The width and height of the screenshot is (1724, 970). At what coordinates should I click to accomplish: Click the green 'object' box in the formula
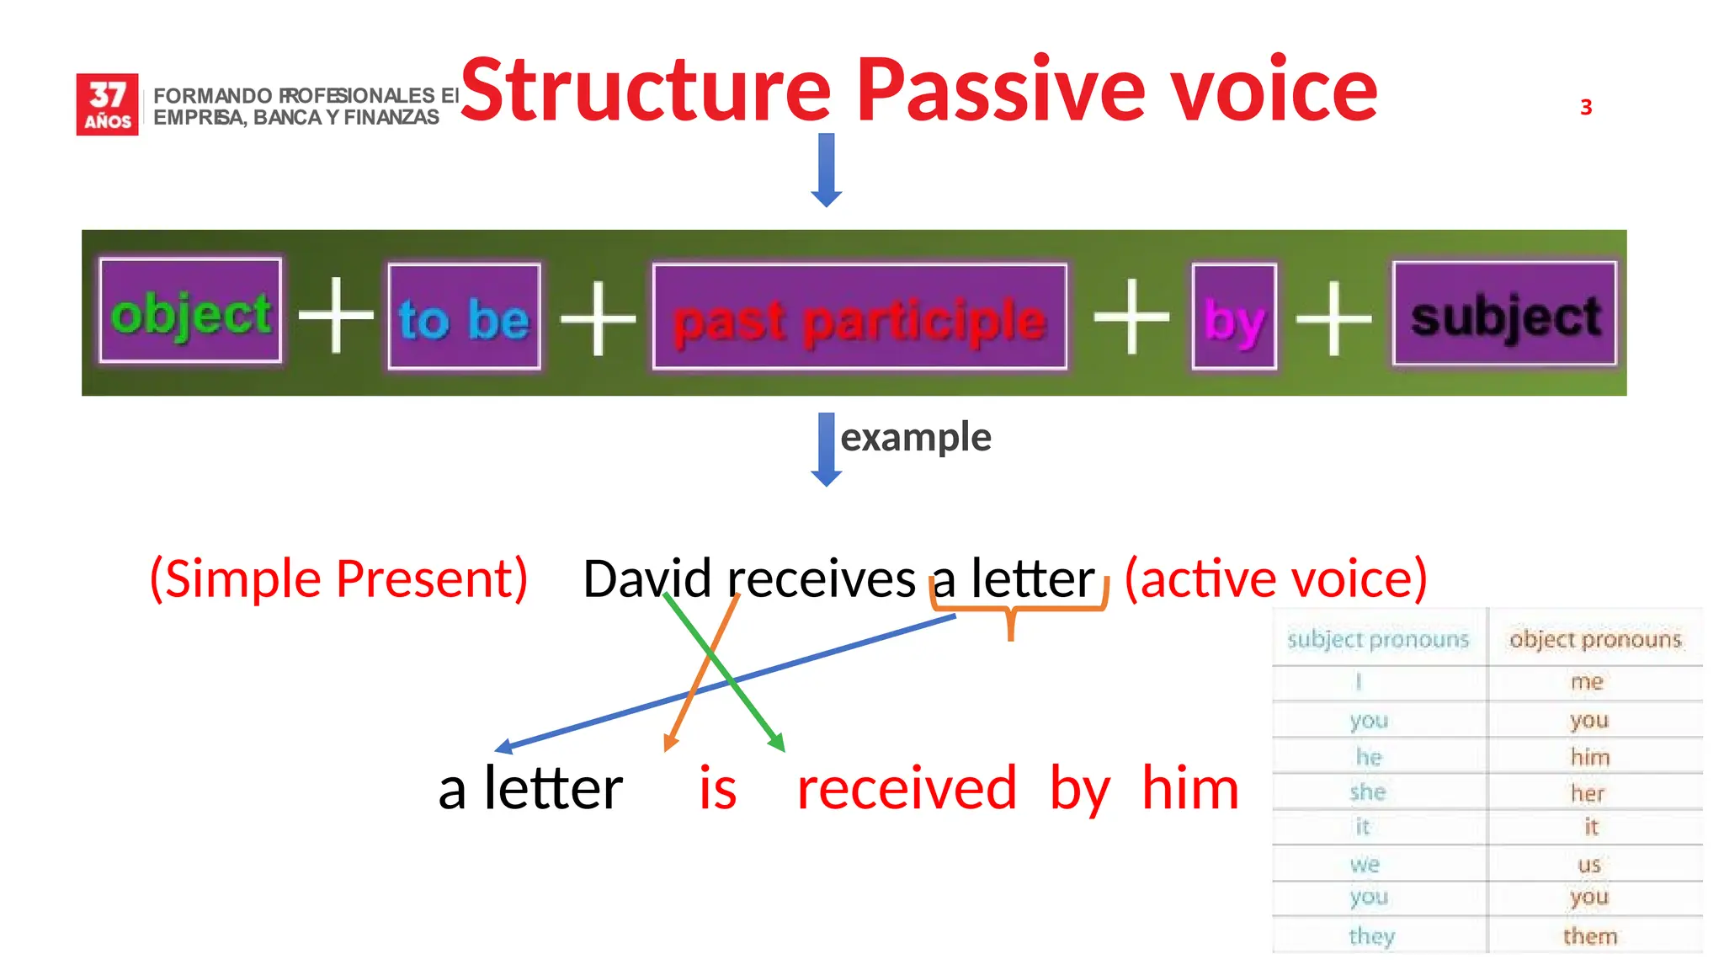190,312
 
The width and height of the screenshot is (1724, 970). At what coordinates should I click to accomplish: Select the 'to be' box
464,317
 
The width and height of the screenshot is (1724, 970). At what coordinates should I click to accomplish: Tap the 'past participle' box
859,317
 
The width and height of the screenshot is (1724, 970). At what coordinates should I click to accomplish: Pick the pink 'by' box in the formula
1234,317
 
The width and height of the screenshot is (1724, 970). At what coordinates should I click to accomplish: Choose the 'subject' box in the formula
1505,314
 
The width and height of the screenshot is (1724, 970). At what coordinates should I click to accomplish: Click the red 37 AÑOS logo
107,104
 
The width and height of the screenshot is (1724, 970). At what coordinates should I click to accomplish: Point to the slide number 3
1586,108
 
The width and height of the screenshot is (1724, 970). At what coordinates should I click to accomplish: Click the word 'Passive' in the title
1001,89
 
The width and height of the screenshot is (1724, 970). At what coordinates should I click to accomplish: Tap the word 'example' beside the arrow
916,437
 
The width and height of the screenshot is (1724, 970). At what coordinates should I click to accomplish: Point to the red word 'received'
907,789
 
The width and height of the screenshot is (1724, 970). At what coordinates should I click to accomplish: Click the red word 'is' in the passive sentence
718,789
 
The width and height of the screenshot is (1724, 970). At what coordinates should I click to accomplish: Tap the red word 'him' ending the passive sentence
1190,789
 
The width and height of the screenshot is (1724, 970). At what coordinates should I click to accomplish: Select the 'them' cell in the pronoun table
1590,935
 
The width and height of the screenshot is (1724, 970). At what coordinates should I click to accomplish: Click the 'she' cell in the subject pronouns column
1368,791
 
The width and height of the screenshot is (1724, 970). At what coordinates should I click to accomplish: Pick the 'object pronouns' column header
1595,639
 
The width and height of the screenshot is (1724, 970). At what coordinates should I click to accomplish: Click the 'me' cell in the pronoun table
1588,681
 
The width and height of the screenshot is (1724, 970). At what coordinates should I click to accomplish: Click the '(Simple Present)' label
338,578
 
